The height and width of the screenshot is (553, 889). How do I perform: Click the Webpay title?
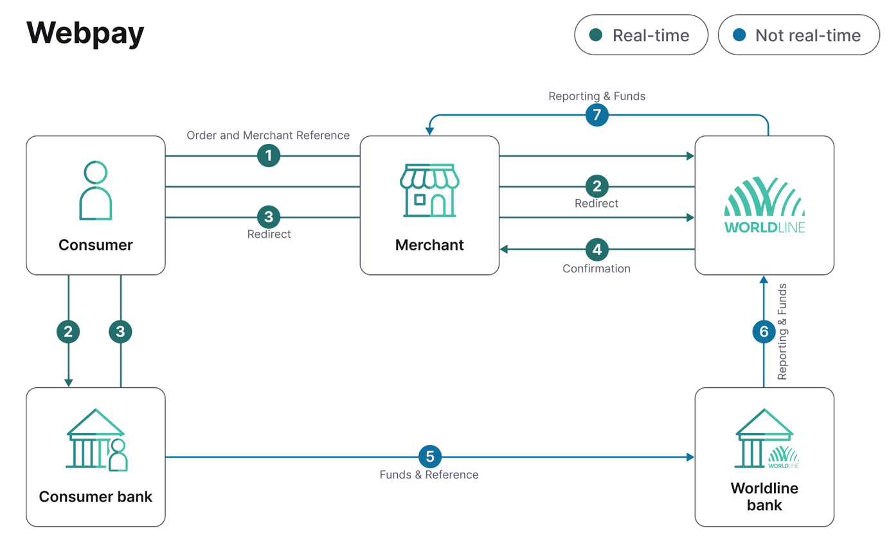point(85,33)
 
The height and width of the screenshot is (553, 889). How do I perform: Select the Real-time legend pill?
point(641,35)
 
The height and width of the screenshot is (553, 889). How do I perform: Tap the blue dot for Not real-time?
point(739,35)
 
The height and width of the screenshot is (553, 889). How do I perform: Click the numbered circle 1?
point(269,156)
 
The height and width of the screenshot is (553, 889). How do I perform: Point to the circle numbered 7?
point(597,116)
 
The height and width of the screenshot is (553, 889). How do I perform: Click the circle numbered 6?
point(764,331)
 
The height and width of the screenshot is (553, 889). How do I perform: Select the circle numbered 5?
point(430,457)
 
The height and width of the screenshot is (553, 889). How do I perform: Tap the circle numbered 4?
point(597,249)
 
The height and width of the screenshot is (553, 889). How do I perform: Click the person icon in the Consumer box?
point(96,191)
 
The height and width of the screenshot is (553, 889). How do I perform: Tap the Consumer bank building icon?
point(96,439)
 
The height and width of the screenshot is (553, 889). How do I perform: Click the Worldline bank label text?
point(764,496)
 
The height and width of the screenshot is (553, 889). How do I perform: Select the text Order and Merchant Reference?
point(268,136)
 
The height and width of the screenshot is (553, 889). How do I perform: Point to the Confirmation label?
point(597,268)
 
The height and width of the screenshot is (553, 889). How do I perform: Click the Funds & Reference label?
point(429,475)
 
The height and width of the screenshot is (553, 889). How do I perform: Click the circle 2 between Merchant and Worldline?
point(597,187)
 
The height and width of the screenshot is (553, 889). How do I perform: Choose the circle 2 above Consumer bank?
point(69,331)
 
